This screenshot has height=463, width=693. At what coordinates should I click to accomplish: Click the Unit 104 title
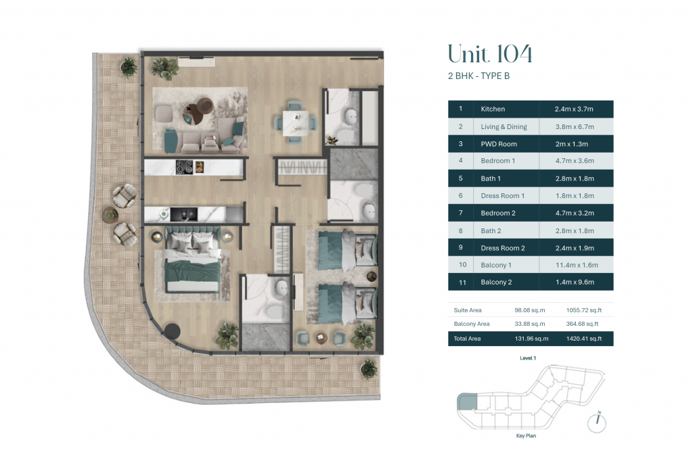coord(490,54)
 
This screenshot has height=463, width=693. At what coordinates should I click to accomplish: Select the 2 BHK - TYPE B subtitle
coord(478,76)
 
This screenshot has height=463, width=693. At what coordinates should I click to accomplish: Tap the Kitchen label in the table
coord(493,109)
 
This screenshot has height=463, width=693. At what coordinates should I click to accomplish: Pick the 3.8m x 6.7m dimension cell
coord(575,126)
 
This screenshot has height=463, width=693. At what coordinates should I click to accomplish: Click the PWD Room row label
coord(499,144)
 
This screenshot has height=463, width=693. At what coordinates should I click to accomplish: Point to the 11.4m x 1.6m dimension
coord(577,265)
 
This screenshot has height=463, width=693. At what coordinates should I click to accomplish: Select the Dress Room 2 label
coord(503,248)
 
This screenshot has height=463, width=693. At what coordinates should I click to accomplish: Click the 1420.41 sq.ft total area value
coord(584,339)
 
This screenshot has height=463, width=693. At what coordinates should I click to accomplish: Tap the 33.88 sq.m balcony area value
coord(529,324)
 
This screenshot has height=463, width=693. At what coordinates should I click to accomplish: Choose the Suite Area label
coord(468,310)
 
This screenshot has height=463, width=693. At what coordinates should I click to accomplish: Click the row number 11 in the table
coord(462,283)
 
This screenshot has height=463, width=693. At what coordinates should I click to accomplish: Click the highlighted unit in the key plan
coord(467,401)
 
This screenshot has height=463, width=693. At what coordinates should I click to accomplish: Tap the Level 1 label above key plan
coord(528,358)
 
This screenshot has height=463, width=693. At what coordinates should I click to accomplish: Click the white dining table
coord(296,123)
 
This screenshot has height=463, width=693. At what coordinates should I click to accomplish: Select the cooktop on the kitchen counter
coord(184,167)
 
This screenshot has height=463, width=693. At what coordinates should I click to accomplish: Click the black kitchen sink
coord(184,214)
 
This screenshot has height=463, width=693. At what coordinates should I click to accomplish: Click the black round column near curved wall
coord(172,331)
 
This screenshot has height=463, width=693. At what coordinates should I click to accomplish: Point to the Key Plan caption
coord(526,436)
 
